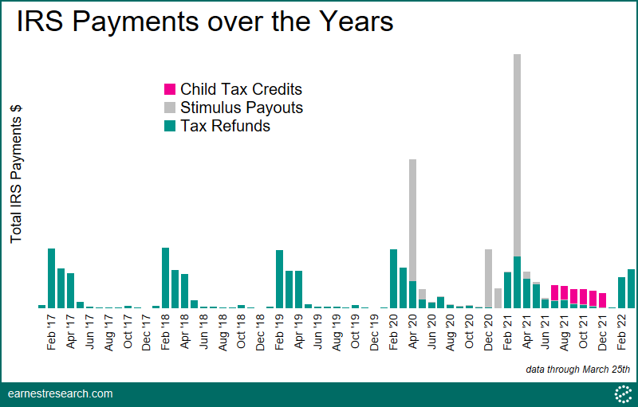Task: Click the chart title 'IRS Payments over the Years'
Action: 205,22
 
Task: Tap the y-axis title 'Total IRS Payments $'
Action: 16,174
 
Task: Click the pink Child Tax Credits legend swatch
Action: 170,89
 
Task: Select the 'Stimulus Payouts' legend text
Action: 242,108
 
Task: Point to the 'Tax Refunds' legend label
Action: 226,126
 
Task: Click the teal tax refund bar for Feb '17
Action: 52,278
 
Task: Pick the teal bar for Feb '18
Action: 166,278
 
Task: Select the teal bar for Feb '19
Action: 280,279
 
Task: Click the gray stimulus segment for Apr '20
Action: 412,220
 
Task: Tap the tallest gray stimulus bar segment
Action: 517,155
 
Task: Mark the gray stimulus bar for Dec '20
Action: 489,278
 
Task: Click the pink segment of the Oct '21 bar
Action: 584,297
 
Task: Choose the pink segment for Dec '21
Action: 603,300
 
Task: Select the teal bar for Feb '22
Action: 622,293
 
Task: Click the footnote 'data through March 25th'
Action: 577,370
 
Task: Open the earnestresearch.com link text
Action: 61,393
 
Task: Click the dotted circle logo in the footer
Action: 623,394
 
